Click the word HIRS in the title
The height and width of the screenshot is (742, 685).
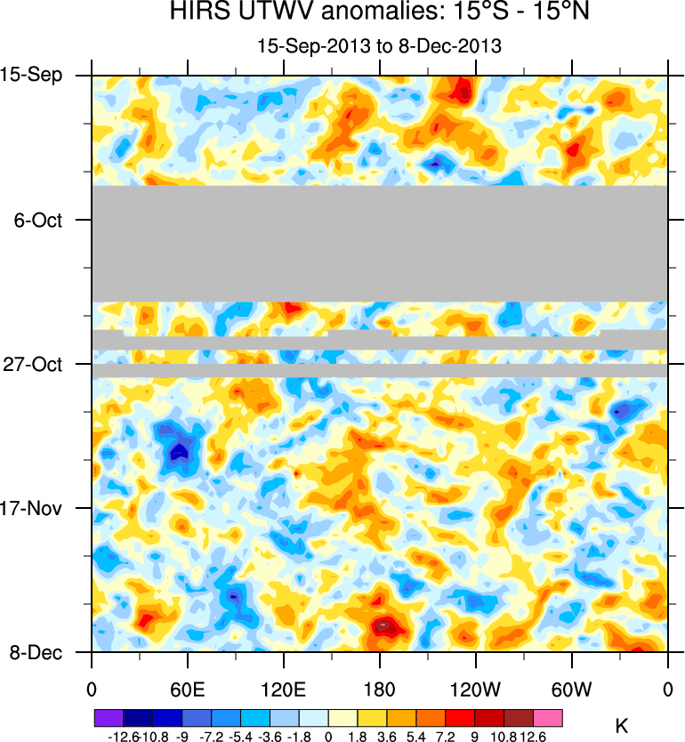pyautogui.click(x=198, y=14)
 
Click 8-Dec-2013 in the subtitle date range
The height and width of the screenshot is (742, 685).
pyautogui.click(x=453, y=46)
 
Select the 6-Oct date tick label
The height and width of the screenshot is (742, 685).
pyautogui.click(x=38, y=220)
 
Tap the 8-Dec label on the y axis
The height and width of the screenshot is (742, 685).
pyautogui.click(x=36, y=652)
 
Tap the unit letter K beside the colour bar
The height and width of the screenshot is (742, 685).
pyautogui.click(x=622, y=727)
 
